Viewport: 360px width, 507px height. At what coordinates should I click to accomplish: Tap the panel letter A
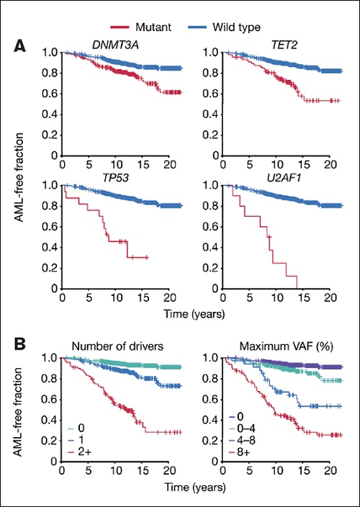pyautogui.click(x=22, y=46)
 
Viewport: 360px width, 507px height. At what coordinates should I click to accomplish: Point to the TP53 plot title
pyautogui.click(x=114, y=176)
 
